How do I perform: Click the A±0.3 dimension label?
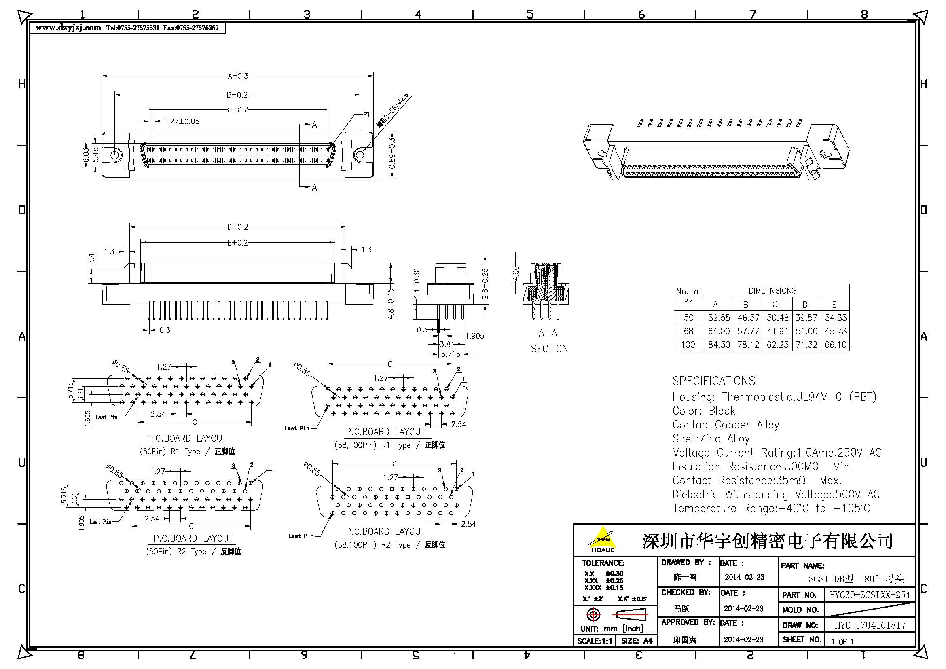pos(238,76)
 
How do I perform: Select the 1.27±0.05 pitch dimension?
pos(181,121)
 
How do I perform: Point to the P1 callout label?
pos(366,115)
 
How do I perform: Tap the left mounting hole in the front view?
pos(115,155)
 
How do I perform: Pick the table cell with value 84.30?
pos(719,344)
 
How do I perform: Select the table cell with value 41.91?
pos(777,331)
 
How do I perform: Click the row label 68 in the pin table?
pos(688,331)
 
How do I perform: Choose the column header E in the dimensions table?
pos(834,305)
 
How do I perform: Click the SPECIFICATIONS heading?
pos(713,381)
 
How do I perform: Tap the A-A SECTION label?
pos(549,341)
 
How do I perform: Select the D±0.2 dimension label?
pos(238,227)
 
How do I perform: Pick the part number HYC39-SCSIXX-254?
pos(869,595)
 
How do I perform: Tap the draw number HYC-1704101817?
pos(870,625)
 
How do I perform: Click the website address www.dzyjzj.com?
pos(68,28)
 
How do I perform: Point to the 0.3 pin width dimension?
pos(164,330)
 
